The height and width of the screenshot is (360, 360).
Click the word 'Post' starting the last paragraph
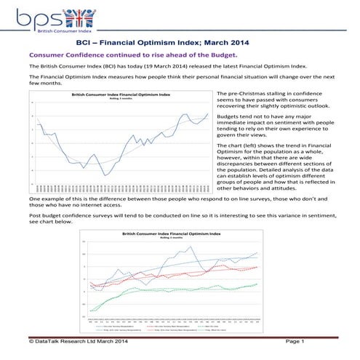[34, 216]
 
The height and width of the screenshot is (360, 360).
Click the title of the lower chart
[172, 233]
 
